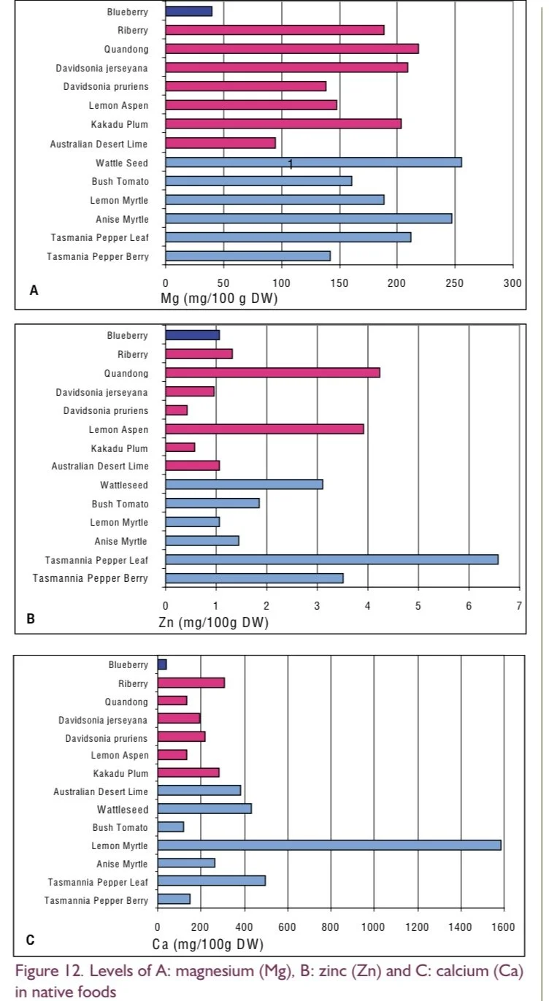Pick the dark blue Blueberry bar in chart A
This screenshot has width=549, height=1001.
click(188, 11)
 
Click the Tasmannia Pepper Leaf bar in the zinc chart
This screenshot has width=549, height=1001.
click(331, 559)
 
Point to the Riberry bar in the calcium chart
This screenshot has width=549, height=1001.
click(191, 683)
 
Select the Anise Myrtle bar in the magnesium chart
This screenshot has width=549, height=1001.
click(308, 218)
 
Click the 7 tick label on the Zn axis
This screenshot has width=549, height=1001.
click(518, 606)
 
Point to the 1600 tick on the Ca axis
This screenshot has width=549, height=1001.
click(502, 927)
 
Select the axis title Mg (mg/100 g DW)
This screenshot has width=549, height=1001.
click(219, 299)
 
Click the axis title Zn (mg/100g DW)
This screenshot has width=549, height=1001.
click(213, 623)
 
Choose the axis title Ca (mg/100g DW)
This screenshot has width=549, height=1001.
click(207, 945)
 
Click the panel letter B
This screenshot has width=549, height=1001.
click(31, 619)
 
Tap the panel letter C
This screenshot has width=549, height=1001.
click(31, 940)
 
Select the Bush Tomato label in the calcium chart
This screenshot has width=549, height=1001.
click(120, 827)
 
